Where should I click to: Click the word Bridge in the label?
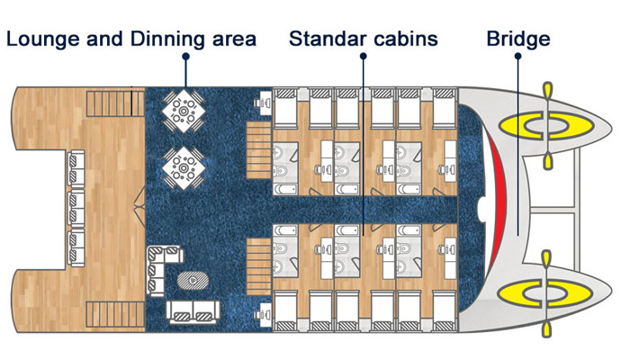tap(517, 39)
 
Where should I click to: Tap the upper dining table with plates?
tap(184, 111)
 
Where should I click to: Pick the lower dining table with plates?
tap(184, 168)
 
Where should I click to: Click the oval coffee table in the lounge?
tap(193, 280)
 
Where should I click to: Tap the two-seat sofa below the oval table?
tap(193, 311)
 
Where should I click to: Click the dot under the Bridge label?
tap(517, 56)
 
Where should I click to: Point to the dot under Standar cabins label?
tap(364, 56)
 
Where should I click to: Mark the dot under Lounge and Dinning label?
tap(185, 57)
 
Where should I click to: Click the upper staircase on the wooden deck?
tap(115, 103)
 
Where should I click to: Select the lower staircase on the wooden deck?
tap(115, 315)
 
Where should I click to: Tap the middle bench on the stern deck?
tap(76, 209)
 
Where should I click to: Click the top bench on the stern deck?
tap(76, 168)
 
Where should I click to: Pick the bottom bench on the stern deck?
tap(76, 247)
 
